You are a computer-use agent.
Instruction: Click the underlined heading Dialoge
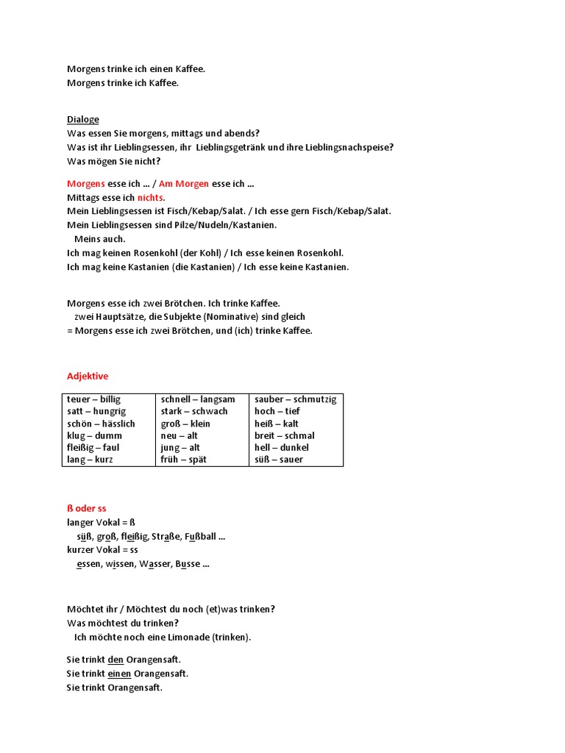(82, 119)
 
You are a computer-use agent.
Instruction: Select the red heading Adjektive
(88, 376)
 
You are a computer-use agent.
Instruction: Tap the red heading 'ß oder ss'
(87, 508)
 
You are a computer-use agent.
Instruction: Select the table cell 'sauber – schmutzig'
(295, 399)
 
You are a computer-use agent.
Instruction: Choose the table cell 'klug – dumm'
(93, 435)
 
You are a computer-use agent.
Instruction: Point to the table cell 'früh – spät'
(183, 460)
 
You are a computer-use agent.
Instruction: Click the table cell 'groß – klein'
(185, 424)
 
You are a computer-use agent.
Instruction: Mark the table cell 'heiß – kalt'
(276, 424)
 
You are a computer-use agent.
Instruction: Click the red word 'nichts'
(151, 198)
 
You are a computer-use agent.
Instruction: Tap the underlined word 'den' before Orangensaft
(116, 660)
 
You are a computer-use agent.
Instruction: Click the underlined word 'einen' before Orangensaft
(119, 674)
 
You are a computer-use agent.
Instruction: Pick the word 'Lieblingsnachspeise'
(348, 147)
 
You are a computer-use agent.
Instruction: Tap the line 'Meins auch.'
(100, 239)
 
